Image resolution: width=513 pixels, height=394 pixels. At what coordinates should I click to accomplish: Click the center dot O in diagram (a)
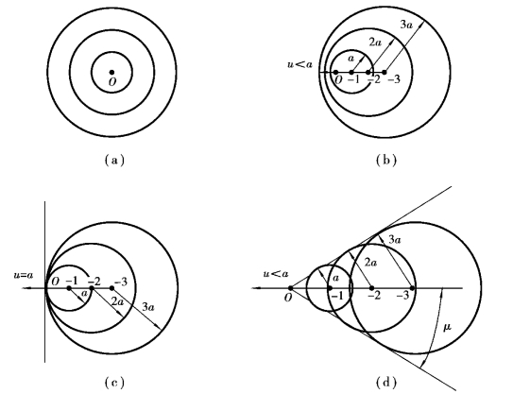tap(111, 72)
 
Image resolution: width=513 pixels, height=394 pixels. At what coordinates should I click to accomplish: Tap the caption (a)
tap(114, 160)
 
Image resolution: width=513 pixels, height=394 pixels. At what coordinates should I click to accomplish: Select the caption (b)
tap(386, 160)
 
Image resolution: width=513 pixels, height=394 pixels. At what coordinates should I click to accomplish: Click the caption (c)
tap(114, 382)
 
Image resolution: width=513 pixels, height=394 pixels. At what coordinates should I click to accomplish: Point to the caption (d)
tap(386, 382)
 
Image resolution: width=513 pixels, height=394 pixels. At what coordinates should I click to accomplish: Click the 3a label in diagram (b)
tap(406, 25)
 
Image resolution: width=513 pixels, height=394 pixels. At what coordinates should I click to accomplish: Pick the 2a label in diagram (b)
tap(375, 42)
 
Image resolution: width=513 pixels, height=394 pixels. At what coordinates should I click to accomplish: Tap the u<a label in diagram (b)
tap(300, 64)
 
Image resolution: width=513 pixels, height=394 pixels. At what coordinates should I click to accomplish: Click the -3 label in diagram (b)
tap(394, 79)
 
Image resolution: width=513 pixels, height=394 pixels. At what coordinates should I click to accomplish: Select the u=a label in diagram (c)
tap(24, 275)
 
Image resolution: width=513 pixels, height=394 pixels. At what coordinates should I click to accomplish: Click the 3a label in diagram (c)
tap(148, 307)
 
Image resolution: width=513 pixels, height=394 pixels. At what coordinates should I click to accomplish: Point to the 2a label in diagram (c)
tap(118, 301)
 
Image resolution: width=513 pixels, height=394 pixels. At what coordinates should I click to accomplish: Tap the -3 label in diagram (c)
tap(121, 282)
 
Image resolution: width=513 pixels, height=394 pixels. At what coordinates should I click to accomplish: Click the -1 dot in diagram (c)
tap(69, 288)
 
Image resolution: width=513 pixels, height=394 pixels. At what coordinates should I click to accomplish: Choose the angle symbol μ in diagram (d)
tap(447, 327)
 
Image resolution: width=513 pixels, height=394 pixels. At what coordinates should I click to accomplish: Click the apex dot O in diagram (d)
tap(291, 288)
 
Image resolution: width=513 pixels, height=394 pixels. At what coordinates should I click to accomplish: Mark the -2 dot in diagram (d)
tap(371, 288)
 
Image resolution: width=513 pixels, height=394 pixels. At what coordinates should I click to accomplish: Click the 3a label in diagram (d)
tap(395, 240)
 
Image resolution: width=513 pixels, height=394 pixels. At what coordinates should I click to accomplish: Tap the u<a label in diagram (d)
tap(276, 274)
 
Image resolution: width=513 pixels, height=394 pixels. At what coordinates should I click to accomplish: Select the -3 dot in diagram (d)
tap(413, 288)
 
